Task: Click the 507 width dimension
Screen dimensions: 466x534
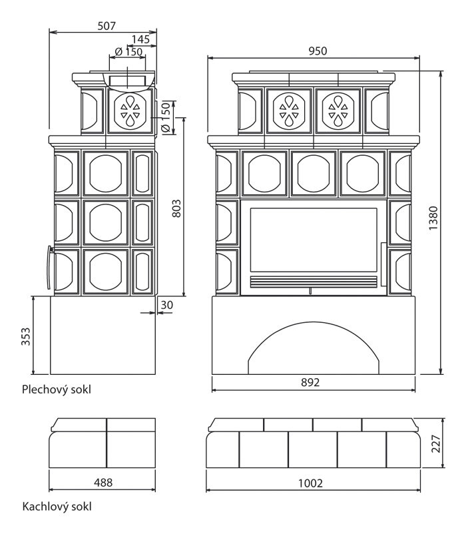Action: tap(107, 26)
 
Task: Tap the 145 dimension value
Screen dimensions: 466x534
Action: tap(140, 39)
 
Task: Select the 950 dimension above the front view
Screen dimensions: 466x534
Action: tap(318, 51)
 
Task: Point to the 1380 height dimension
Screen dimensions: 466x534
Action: tap(433, 218)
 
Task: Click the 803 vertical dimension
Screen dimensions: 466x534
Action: tap(176, 208)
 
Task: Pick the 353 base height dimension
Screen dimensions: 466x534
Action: tap(26, 336)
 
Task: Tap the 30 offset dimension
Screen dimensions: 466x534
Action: tap(167, 305)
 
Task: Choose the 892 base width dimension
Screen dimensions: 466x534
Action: tap(310, 382)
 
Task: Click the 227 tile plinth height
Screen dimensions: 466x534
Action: tap(436, 443)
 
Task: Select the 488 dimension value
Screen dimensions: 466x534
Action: tap(103, 483)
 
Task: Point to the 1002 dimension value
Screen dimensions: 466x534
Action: tap(310, 483)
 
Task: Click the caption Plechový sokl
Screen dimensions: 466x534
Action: tap(57, 390)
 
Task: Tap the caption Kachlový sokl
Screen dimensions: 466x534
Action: tap(57, 507)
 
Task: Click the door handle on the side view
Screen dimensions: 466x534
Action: tap(49, 268)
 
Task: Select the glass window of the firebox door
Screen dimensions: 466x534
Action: tap(314, 240)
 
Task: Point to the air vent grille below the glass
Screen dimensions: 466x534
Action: tap(314, 282)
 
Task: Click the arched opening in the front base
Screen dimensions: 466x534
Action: tap(314, 348)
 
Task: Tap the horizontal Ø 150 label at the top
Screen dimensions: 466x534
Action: tap(128, 52)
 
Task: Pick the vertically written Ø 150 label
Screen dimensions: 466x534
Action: tap(166, 117)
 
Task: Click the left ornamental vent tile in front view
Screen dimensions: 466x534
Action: tap(289, 111)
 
